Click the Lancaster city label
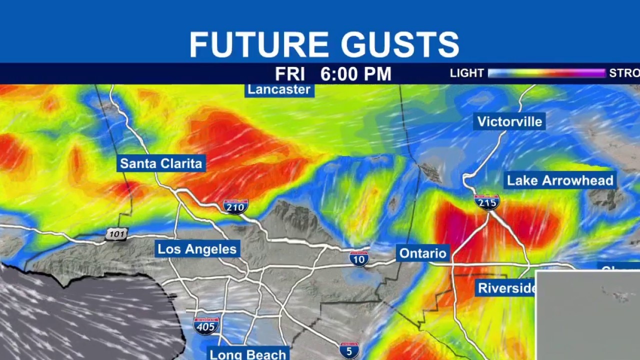click(279, 90)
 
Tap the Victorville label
click(509, 121)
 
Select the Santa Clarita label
click(161, 163)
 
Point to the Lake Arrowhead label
click(560, 180)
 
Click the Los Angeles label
click(197, 249)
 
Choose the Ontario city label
click(422, 253)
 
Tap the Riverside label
click(506, 288)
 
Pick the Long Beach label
click(248, 354)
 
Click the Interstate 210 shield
click(235, 206)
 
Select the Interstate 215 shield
click(487, 202)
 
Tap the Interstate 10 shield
click(359, 258)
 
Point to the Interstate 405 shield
click(206, 325)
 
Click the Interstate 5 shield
click(349, 350)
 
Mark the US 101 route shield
click(116, 233)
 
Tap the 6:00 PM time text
click(355, 74)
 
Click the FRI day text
click(290, 74)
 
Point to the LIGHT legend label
click(466, 73)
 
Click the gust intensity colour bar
click(546, 73)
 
